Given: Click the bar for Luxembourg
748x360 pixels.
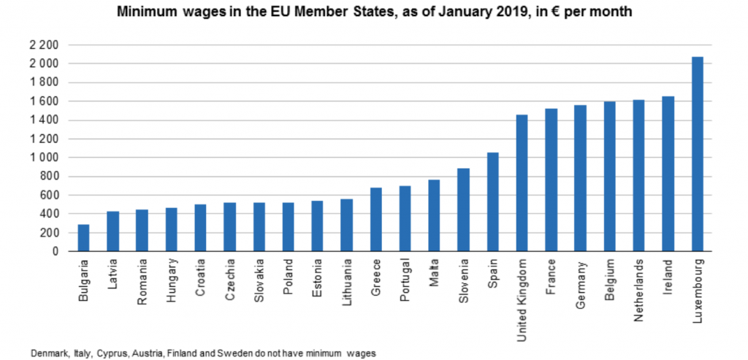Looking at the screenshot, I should point(697,154).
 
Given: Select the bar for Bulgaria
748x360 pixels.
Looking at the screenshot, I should point(83,238).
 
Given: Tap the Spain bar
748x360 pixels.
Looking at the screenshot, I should point(492,202).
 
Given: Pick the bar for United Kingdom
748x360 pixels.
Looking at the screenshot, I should point(522,183).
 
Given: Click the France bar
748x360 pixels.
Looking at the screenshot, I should point(551,180).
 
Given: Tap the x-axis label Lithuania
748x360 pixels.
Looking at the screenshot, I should point(346,280).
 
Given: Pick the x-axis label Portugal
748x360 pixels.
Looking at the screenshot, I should point(405,279).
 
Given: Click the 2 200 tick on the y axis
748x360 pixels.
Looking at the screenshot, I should point(42,45).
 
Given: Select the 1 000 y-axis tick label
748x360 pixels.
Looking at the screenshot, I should point(42,158).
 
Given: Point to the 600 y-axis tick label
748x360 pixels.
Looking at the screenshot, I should point(47,196).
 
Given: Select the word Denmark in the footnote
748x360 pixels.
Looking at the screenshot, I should point(47,353).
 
